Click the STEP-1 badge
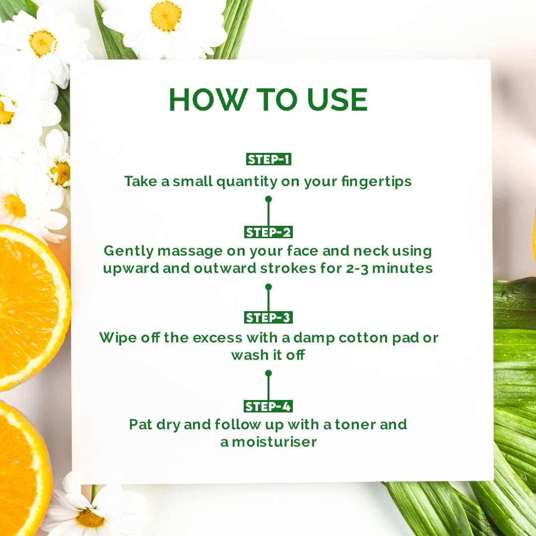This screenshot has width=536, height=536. click(268, 159)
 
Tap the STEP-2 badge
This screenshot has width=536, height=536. click(268, 232)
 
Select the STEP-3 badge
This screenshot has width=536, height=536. click(268, 318)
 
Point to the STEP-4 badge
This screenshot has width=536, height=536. click(268, 406)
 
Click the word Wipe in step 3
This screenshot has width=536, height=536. click(117, 338)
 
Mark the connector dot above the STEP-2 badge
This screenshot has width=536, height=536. click(268, 199)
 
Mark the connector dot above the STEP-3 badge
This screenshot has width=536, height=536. click(268, 287)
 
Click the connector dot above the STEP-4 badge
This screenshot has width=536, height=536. click(268, 373)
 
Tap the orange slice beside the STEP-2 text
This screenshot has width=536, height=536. click(27, 308)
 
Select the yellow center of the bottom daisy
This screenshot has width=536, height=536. click(90, 518)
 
